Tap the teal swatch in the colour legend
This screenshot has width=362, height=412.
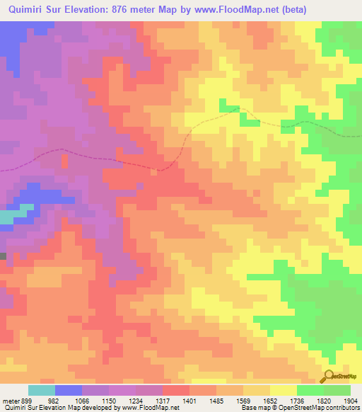pos(42,390)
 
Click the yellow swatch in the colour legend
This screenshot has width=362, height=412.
pos(284,390)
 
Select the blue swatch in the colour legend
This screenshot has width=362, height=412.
pos(69,390)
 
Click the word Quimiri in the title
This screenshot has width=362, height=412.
pos(26,10)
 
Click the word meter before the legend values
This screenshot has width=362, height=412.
pos(10,400)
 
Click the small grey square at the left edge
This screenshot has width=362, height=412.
pos(3,256)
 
